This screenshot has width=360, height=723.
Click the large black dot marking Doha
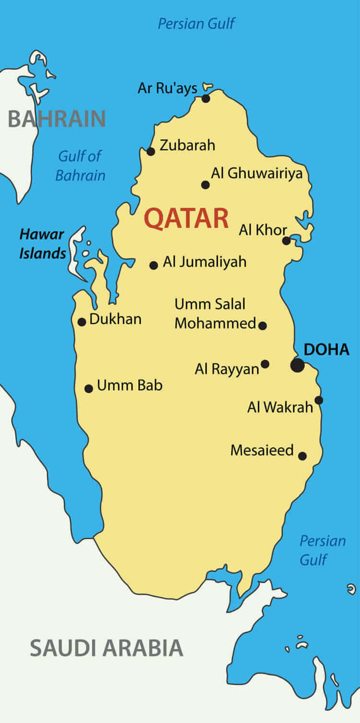[x=298, y=365]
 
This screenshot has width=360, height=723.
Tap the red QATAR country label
[x=186, y=218]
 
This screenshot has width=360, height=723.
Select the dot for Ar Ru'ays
[x=206, y=98]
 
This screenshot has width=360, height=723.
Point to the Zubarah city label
[x=187, y=145]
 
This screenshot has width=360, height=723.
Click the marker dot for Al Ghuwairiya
[x=205, y=185]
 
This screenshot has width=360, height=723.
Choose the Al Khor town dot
[x=287, y=241]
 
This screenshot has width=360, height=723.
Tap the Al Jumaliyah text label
[x=204, y=262]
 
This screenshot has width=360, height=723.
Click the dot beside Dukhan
[x=82, y=322]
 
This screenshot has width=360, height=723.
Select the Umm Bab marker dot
[x=89, y=388]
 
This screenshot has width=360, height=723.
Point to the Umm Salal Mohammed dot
[x=263, y=325]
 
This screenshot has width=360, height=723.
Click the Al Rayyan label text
[x=227, y=369]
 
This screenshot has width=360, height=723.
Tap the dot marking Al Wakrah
[x=319, y=400]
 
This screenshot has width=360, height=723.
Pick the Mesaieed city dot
[x=302, y=456]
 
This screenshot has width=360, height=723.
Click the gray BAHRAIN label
[x=57, y=119]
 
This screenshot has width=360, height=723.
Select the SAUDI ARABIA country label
[x=107, y=648]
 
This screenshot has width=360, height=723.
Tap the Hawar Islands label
[x=42, y=244]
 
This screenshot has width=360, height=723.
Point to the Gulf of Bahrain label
[x=80, y=166]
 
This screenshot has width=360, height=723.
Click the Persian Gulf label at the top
[x=196, y=23]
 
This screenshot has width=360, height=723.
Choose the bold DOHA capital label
[x=326, y=349]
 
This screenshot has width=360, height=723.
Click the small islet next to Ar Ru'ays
[x=208, y=87]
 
